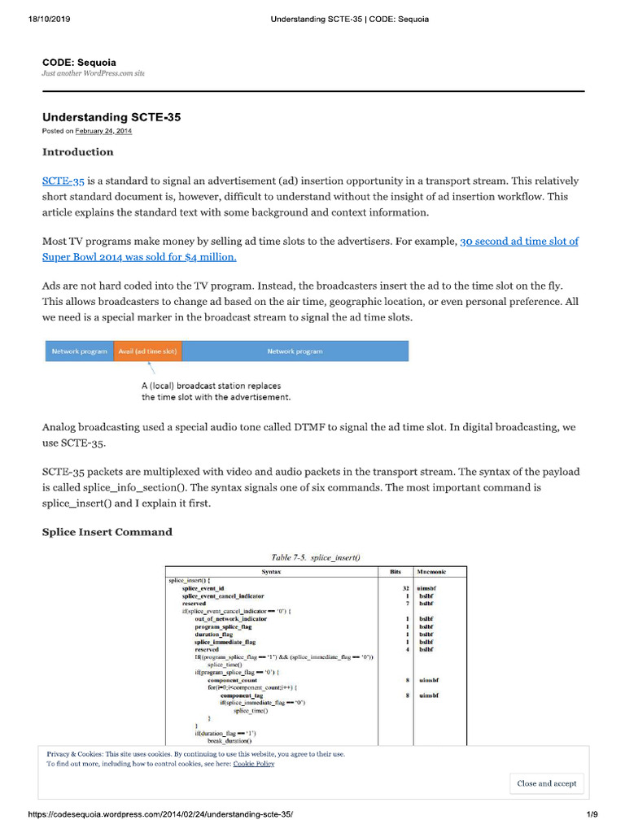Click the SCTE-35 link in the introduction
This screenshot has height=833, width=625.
click(x=63, y=181)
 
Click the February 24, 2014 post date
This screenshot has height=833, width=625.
click(x=104, y=131)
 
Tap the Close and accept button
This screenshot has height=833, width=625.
click(x=546, y=783)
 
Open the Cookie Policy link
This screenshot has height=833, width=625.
click(x=254, y=764)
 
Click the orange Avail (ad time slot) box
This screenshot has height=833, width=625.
click(x=147, y=351)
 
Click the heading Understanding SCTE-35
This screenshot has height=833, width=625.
click(x=111, y=117)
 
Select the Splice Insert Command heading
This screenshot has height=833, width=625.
click(x=107, y=532)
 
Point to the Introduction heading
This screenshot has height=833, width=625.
click(x=77, y=152)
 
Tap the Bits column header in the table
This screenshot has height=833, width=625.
click(x=396, y=572)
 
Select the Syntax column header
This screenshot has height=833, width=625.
click(x=272, y=572)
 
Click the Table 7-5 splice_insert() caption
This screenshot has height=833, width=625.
click(x=315, y=557)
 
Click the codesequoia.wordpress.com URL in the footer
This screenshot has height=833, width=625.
click(x=160, y=814)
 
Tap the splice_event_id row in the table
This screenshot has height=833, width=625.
click(x=203, y=587)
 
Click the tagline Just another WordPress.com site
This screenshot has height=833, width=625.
click(x=93, y=73)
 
